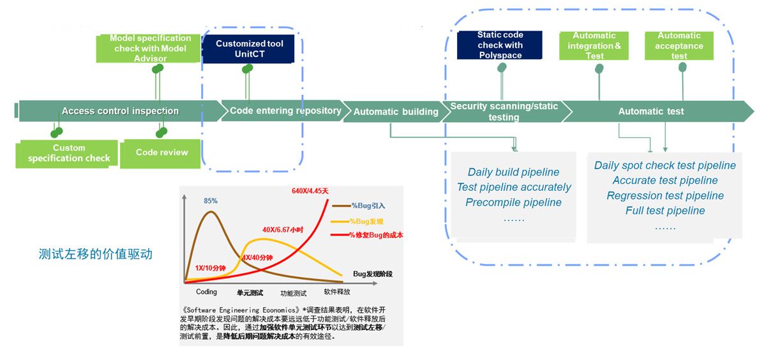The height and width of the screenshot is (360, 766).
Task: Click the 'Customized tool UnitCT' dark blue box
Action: coord(249,49)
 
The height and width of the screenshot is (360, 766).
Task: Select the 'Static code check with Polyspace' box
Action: coord(500,45)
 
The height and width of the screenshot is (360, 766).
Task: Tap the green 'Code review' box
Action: coord(162,153)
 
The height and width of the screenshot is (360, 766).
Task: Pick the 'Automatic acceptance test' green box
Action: coord(679,46)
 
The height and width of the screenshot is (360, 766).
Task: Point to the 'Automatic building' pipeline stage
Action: coord(396,112)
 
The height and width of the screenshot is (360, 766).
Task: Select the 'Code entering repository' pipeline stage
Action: coord(285,110)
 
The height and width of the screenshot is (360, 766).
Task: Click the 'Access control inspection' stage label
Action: coord(120,111)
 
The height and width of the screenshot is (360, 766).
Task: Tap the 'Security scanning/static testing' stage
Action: coord(504,112)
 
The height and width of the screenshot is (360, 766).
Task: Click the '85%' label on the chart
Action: coord(211,200)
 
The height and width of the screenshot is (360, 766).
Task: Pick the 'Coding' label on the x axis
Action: coord(206,292)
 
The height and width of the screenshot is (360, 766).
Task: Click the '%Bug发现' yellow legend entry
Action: coord(366,221)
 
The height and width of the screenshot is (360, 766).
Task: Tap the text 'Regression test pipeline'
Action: coord(665,195)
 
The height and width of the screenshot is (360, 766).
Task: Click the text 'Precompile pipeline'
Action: coord(513,202)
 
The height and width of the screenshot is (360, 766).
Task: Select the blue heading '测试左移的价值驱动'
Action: coord(96,254)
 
